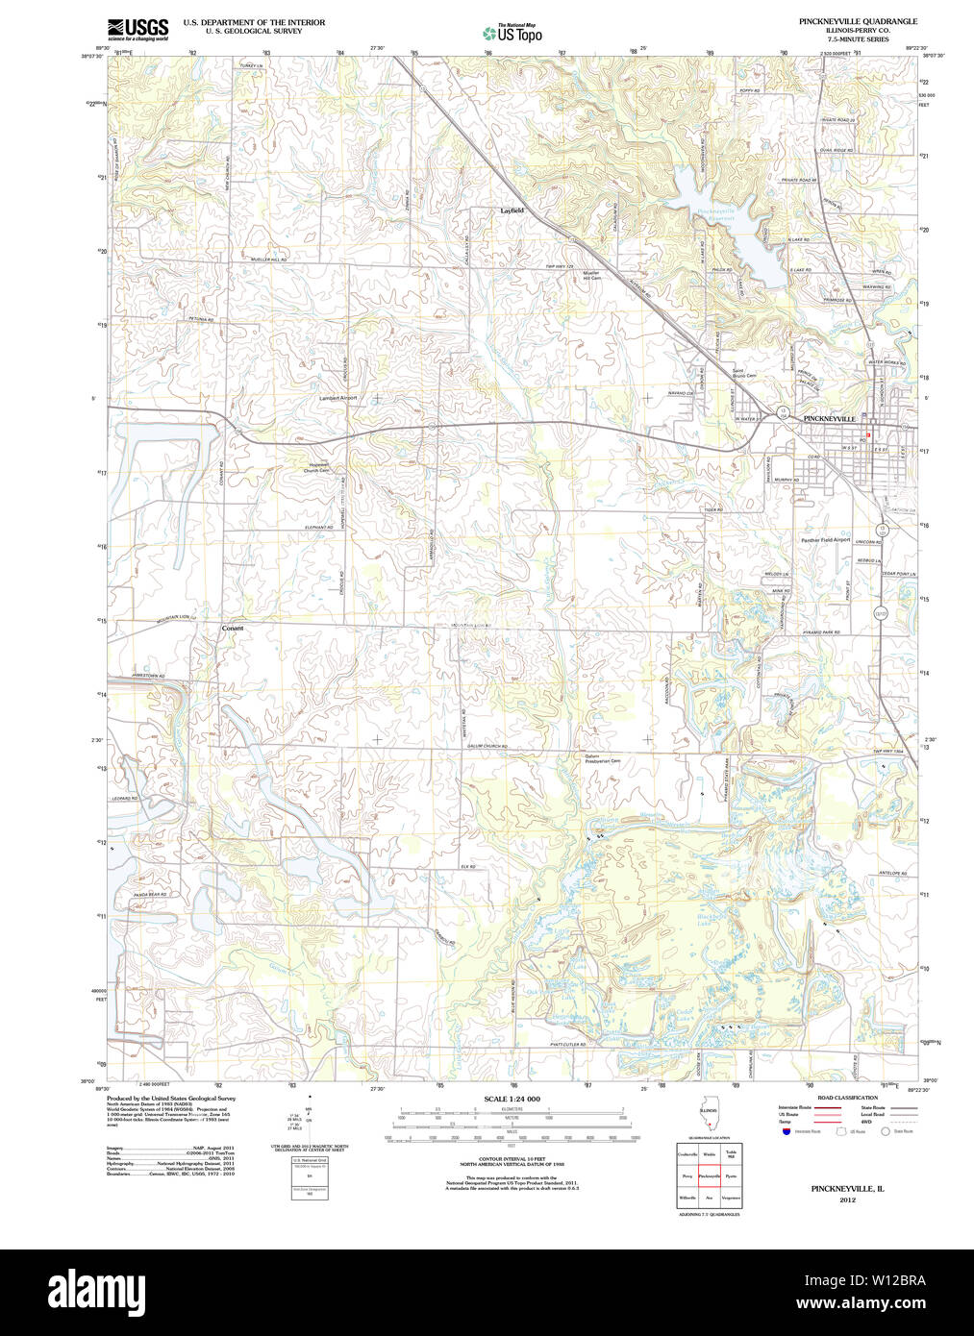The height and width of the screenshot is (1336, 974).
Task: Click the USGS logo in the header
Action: coord(137,29)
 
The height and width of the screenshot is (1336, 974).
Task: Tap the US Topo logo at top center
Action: coord(512,33)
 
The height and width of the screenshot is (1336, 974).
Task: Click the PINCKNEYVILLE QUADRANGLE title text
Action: coord(858,21)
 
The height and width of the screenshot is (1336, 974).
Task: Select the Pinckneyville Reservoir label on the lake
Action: coord(716,213)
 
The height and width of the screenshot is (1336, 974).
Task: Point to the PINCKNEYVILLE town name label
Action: coord(829,420)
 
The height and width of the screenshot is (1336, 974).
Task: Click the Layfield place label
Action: coord(512,210)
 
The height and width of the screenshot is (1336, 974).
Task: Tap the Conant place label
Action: coord(233,629)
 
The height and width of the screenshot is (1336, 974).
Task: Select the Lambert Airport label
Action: coord(337,398)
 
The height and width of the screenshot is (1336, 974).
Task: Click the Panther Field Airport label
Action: coord(826,540)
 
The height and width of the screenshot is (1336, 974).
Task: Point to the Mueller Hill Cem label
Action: coord(591,275)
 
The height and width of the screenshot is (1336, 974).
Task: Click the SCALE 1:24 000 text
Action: coord(512,1099)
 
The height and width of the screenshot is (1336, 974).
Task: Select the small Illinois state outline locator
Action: coord(709,1121)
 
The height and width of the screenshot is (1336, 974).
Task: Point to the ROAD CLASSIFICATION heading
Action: coord(846,1098)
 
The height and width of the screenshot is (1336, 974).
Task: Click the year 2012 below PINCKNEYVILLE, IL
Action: coord(847,1200)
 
